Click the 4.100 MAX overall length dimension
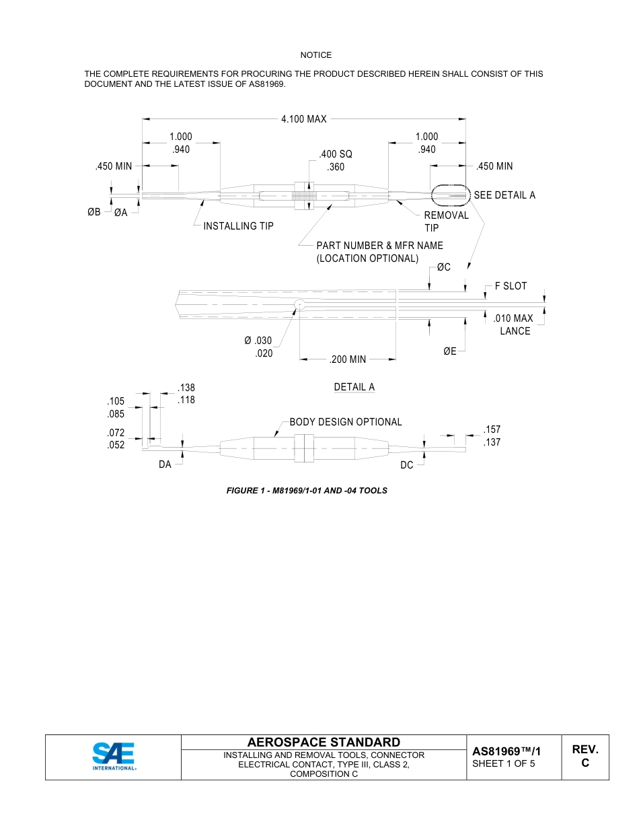pos(303,119)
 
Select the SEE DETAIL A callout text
pos(504,195)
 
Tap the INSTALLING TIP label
pos(239,226)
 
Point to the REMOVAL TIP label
pos(446,221)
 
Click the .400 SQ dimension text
pos(336,155)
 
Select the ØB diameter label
pos(94,213)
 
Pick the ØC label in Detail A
pos(443,267)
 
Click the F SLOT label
pos(511,286)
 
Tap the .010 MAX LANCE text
pos(514,324)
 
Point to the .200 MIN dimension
pos(348,359)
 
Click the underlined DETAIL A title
pos(354,387)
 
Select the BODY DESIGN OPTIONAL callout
pos(346,422)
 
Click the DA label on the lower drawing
pos(165,465)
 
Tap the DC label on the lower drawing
pos(407,465)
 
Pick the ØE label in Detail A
pos(450,351)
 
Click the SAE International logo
pos(114,756)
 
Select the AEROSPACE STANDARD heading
pos(324,743)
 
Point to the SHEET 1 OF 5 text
pos(504,763)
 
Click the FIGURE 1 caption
pos(307,491)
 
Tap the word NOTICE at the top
pos(316,55)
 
